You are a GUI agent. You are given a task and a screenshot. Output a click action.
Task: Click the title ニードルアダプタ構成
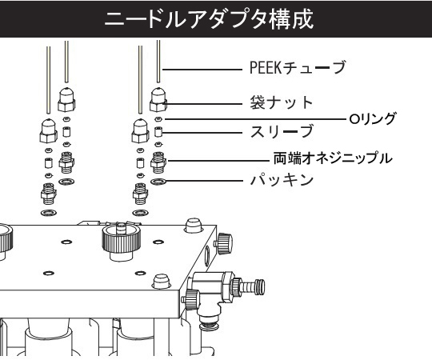(x=209, y=18)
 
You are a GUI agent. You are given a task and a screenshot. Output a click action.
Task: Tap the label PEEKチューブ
(x=298, y=68)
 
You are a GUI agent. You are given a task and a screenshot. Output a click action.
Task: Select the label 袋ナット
(x=281, y=102)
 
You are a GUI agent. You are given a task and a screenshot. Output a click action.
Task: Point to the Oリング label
(x=372, y=119)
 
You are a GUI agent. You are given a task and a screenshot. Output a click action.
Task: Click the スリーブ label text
(x=282, y=131)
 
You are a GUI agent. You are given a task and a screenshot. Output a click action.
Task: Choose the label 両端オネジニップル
(x=333, y=158)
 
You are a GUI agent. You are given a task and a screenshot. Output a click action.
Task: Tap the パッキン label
(x=282, y=179)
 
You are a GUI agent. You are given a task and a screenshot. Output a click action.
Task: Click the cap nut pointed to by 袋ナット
(x=158, y=100)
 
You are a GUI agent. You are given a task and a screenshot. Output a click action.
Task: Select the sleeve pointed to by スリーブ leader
(x=158, y=132)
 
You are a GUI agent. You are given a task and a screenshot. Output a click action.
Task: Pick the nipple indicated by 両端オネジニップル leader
(x=158, y=162)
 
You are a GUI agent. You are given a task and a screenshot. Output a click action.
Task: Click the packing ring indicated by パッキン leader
(x=158, y=182)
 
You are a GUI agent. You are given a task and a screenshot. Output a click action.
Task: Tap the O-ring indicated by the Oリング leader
(x=158, y=119)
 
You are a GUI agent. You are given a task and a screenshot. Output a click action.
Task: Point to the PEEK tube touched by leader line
(x=158, y=61)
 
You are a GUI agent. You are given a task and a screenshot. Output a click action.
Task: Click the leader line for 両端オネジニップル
(x=218, y=161)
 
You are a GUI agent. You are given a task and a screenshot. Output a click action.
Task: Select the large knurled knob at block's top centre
(x=122, y=240)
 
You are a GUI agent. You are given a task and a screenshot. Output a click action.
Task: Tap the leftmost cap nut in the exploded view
(x=49, y=131)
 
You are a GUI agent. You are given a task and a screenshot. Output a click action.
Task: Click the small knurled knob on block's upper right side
(x=224, y=243)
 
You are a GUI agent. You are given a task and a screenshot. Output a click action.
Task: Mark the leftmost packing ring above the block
(x=49, y=213)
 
